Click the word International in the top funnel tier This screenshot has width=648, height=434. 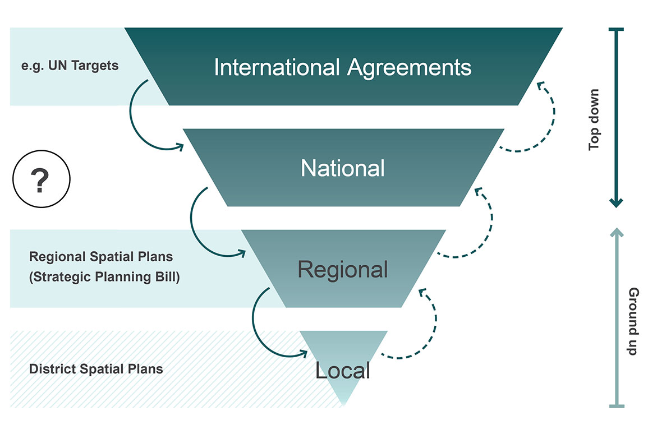(277, 68)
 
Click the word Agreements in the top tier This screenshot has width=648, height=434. (409, 68)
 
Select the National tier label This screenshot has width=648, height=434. (343, 168)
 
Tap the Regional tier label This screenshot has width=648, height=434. (343, 270)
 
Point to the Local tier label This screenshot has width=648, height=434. (343, 370)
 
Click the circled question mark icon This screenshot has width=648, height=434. (41, 180)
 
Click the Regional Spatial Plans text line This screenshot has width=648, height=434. (101, 257)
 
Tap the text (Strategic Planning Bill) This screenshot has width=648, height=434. (104, 277)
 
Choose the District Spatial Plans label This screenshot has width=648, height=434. (96, 369)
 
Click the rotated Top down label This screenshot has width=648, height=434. (594, 119)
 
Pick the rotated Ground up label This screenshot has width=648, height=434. (633, 321)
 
